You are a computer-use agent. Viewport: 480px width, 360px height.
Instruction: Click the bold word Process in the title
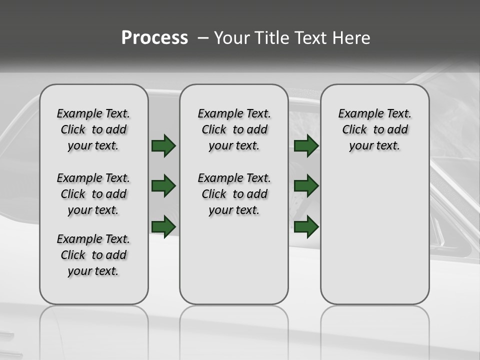154,38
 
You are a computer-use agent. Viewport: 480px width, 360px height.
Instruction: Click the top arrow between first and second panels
163,145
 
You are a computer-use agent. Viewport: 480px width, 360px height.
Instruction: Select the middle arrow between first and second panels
163,186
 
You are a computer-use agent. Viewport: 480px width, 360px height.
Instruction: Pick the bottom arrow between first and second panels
163,226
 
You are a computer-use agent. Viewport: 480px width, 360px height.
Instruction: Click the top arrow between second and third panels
306,145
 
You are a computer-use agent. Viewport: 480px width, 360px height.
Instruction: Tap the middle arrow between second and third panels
306,186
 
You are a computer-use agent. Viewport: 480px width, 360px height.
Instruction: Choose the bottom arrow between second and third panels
306,226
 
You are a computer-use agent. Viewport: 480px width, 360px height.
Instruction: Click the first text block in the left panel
93,129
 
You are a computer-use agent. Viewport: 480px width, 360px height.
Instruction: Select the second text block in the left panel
93,194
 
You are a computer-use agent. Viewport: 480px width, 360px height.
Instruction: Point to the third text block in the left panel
93,255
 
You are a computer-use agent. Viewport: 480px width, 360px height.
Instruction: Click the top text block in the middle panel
234,129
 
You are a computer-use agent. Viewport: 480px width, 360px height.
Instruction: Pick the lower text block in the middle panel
234,194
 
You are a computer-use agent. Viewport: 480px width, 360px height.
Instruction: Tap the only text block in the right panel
374,129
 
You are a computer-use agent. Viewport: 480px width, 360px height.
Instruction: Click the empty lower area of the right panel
374,235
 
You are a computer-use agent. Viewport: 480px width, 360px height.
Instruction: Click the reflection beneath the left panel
93,325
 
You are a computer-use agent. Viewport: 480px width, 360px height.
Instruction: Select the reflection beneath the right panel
374,325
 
